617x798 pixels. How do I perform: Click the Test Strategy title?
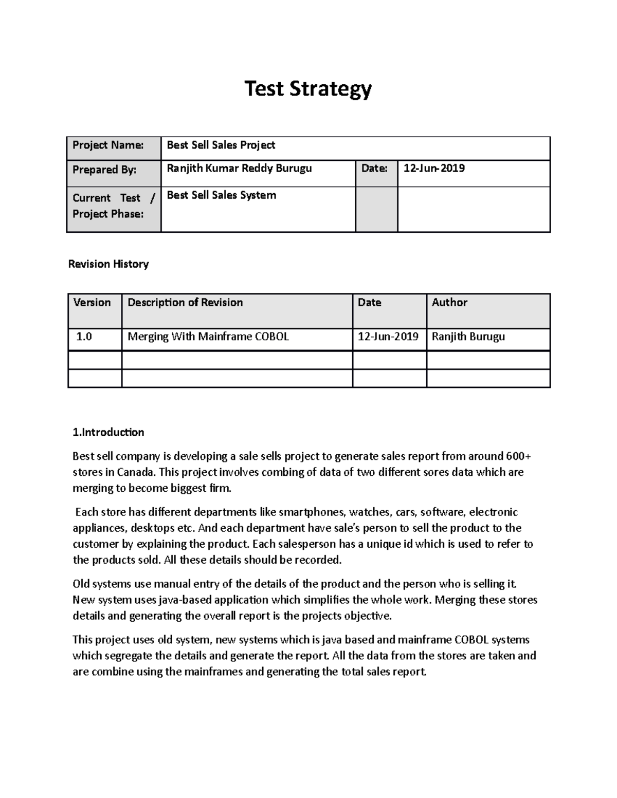[x=308, y=89]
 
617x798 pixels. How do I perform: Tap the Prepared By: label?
[x=104, y=170]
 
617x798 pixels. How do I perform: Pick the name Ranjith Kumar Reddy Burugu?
[x=239, y=169]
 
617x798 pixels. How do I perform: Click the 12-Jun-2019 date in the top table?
[x=434, y=169]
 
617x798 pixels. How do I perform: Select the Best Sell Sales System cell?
[x=222, y=195]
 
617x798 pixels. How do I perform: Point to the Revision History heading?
[x=108, y=264]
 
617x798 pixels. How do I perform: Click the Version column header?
[x=92, y=303]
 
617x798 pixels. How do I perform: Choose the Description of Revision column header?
[x=185, y=303]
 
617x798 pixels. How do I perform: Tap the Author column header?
[x=449, y=303]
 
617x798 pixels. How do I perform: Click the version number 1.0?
[x=84, y=337]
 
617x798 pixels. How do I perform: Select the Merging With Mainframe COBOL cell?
[x=208, y=337]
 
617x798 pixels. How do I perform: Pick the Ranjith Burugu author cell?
[x=468, y=337]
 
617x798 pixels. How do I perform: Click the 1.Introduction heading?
[x=108, y=432]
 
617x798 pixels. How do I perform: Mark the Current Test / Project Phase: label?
[x=113, y=206]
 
